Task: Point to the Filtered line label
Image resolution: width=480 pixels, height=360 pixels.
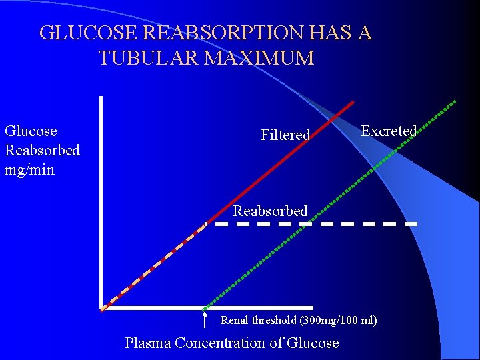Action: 285,135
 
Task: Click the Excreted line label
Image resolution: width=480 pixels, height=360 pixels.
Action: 389,131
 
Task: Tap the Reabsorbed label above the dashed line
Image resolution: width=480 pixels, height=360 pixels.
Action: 270,211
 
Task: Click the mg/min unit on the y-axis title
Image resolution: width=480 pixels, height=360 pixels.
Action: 29,169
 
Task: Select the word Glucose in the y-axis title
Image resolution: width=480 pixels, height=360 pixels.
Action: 31,131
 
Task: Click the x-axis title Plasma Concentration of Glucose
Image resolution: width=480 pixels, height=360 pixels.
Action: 232,343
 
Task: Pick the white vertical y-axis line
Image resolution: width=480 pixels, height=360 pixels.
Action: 101,200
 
